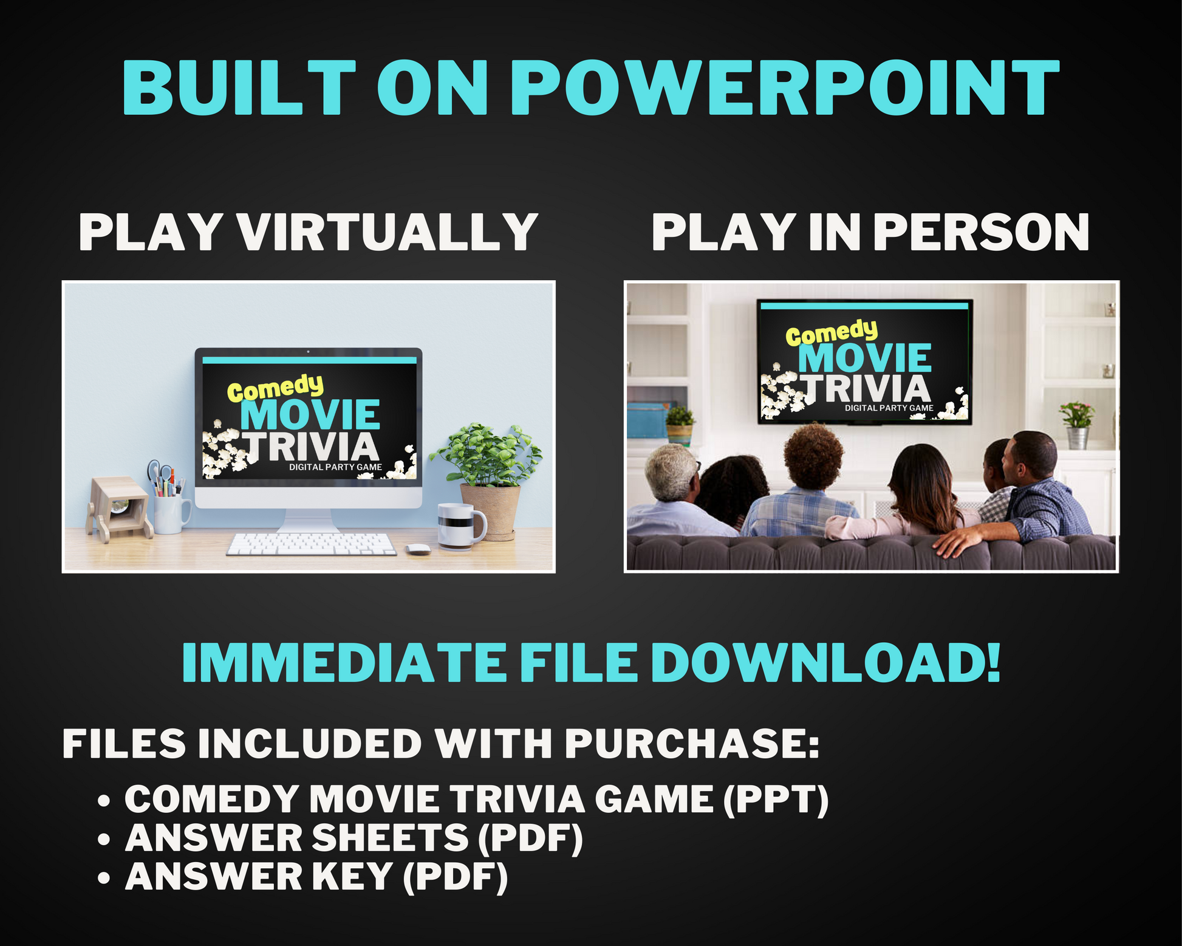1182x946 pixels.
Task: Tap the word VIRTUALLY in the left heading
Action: tap(387, 232)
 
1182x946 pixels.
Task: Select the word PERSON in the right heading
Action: tap(984, 232)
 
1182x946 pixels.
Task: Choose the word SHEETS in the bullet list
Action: tap(390, 838)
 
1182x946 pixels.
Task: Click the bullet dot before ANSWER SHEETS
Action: tap(104, 839)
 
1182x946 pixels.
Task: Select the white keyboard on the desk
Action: tap(311, 544)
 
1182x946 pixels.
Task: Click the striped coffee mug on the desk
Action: tap(461, 526)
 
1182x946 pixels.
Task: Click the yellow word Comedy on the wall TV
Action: tap(832, 333)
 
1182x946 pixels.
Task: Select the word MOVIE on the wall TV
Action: tap(865, 358)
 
